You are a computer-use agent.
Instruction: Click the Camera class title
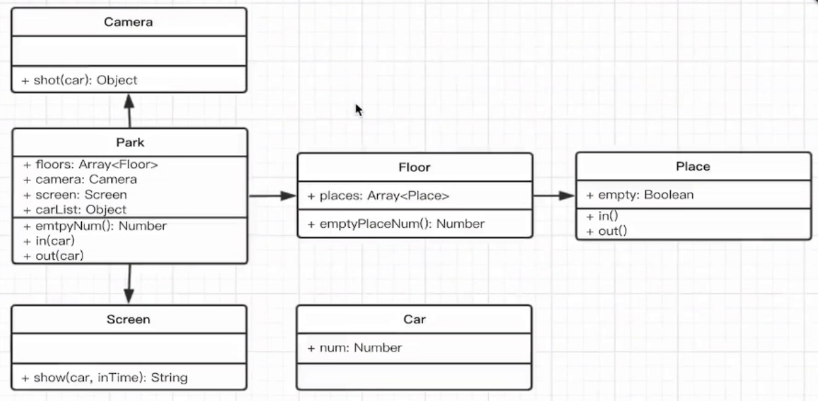point(128,22)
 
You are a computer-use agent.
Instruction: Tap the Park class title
point(130,143)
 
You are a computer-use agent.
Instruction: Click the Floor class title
point(414,167)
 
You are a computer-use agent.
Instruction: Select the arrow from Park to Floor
point(272,196)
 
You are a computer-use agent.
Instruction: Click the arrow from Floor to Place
point(554,195)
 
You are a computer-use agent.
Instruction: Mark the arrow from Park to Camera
point(129,111)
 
